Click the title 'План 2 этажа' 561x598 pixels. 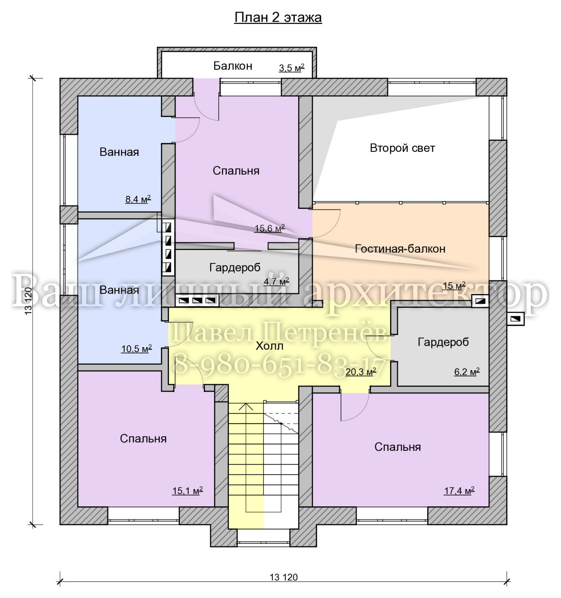pyautogui.click(x=278, y=18)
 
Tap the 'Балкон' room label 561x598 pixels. pyautogui.click(x=233, y=66)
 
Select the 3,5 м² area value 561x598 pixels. pyautogui.click(x=291, y=68)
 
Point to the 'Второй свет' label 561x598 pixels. pyautogui.click(x=402, y=148)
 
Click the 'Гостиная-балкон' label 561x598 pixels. pyautogui.click(x=400, y=249)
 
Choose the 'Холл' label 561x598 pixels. pyautogui.click(x=269, y=346)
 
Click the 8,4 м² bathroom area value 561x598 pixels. pyautogui.click(x=138, y=199)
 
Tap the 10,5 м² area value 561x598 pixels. pyautogui.click(x=137, y=349)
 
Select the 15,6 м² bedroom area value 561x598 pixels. pyautogui.click(x=270, y=228)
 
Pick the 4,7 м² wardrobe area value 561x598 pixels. pyautogui.click(x=276, y=281)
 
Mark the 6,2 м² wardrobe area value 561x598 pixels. pyautogui.click(x=467, y=372)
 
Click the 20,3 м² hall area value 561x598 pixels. pyautogui.click(x=361, y=372)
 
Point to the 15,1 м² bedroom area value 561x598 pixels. pyautogui.click(x=187, y=491)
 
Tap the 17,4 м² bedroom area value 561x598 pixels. pyautogui.click(x=459, y=491)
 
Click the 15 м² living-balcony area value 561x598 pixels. pyautogui.click(x=454, y=286)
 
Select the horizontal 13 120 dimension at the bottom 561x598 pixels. pyautogui.click(x=283, y=577)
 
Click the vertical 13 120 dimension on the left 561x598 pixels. pyautogui.click(x=28, y=301)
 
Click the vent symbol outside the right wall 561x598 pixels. pyautogui.click(x=515, y=319)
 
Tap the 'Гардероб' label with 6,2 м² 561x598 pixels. pyautogui.click(x=443, y=342)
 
